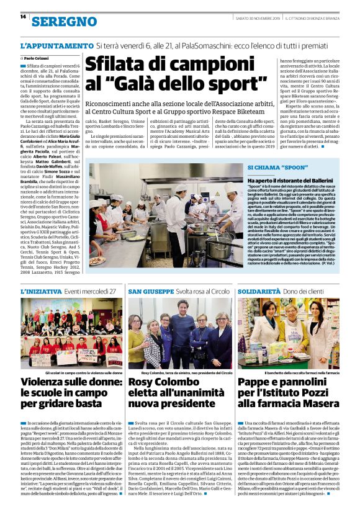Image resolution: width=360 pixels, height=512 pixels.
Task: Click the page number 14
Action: (x=14, y=17)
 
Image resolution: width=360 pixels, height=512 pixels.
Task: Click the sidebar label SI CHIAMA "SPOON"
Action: (x=270, y=168)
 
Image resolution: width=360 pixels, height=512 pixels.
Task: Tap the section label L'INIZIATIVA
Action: (x=40, y=291)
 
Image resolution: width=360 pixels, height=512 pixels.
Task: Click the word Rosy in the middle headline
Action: (x=144, y=383)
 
